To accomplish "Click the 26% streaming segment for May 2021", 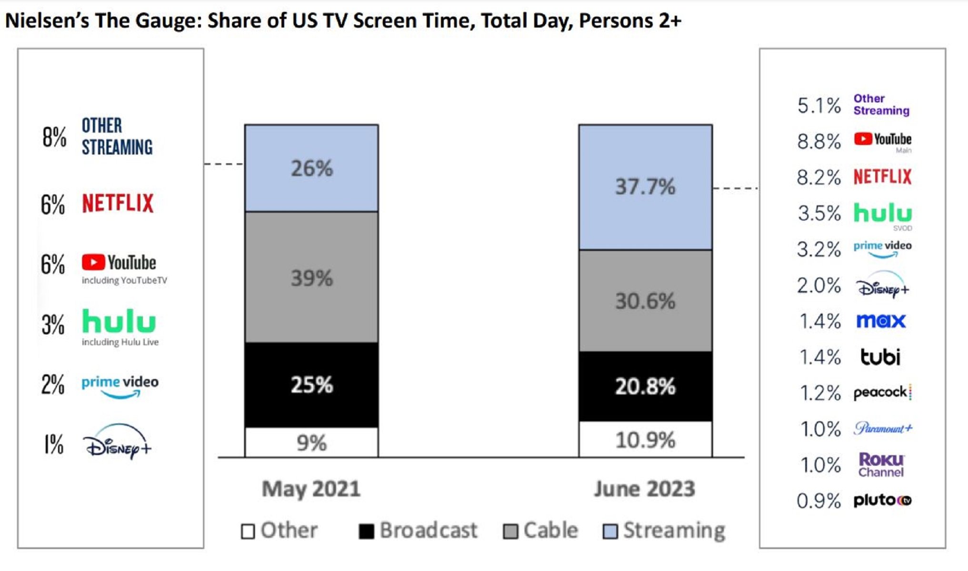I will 311,168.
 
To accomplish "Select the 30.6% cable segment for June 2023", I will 645,301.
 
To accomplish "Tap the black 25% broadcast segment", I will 311,384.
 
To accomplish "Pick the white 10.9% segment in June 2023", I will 645,440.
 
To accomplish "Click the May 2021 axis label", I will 311,489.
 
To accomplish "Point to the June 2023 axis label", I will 644,489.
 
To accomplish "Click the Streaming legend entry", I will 664,531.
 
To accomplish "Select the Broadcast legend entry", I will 418,531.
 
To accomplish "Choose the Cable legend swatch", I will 510,532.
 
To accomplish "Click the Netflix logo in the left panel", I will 118,203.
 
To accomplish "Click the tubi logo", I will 880,357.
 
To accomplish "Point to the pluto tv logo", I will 882,500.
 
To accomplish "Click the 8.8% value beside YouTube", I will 819,141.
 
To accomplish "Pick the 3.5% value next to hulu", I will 819,213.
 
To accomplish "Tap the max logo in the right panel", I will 880,321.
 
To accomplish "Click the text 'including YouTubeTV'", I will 124,280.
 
